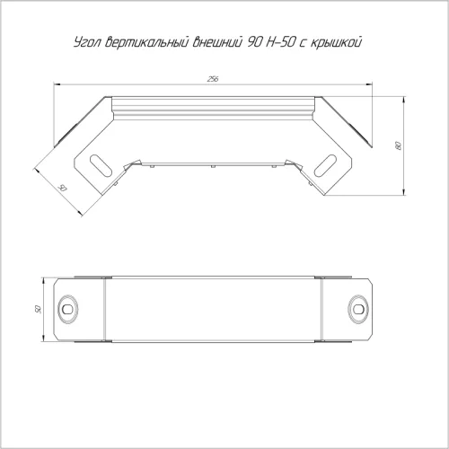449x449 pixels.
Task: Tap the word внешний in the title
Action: (217, 42)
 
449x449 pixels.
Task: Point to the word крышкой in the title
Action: (336, 42)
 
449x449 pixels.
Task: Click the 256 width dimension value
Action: (213, 79)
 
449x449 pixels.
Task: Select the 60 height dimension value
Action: (398, 145)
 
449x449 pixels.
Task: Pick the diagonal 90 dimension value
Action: (62, 189)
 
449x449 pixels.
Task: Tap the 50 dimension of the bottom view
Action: (38, 309)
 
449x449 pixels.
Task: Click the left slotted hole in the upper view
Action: (101, 165)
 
